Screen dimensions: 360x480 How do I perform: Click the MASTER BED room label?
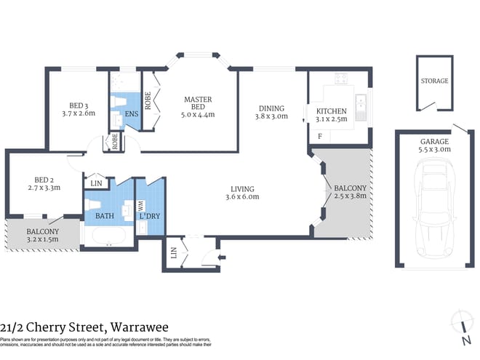(198, 100)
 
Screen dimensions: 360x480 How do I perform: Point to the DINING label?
(271, 105)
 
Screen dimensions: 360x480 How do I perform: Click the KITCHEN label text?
(331, 111)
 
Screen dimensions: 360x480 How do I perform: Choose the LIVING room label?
(242, 187)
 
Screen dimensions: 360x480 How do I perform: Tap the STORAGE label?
(434, 81)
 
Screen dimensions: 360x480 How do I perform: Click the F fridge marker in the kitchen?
(319, 136)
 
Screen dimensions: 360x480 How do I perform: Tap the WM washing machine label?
(140, 206)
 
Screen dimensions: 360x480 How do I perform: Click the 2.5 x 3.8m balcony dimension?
(348, 194)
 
